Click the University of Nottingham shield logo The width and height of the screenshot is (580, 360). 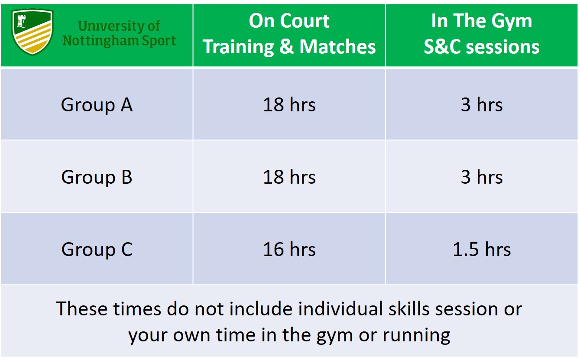pyautogui.click(x=32, y=32)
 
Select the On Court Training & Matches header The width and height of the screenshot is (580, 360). pyautogui.click(x=289, y=34)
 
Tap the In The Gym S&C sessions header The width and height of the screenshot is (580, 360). pyautogui.click(x=482, y=34)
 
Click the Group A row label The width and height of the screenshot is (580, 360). pyautogui.click(x=97, y=105)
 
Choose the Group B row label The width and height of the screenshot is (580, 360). pyautogui.click(x=97, y=178)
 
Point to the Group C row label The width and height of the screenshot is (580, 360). pyautogui.click(x=97, y=250)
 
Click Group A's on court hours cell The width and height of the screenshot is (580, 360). pyautogui.click(x=289, y=105)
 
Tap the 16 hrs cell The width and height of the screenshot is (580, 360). pyautogui.click(x=289, y=249)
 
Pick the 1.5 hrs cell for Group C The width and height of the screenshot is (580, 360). pyautogui.click(x=482, y=249)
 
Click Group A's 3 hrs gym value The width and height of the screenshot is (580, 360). pyautogui.click(x=482, y=105)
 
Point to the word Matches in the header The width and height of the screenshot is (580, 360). pyautogui.click(x=337, y=47)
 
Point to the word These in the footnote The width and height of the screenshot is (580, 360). pyautogui.click(x=82, y=308)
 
